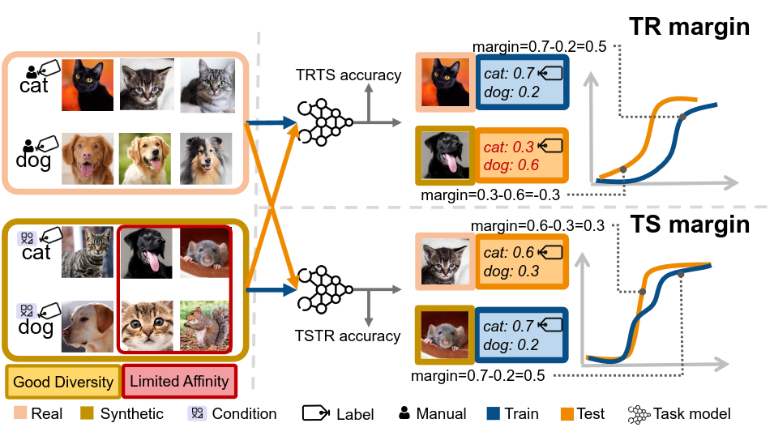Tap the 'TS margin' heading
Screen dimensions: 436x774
[691, 224]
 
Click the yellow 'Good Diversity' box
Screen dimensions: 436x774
[63, 381]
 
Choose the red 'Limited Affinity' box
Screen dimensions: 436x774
[179, 381]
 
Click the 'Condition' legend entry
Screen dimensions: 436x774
[244, 414]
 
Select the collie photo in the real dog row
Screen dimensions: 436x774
[205, 158]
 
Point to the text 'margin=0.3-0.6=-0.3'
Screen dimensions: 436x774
[490, 194]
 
